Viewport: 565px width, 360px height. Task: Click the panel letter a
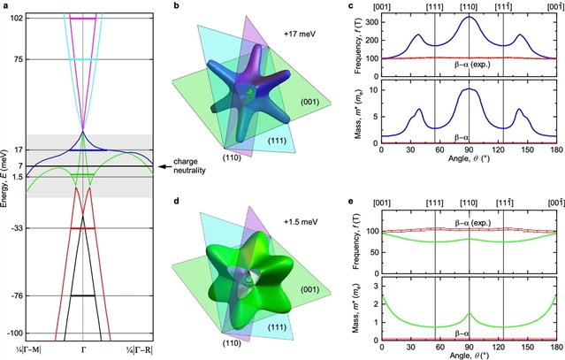click(6, 7)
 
